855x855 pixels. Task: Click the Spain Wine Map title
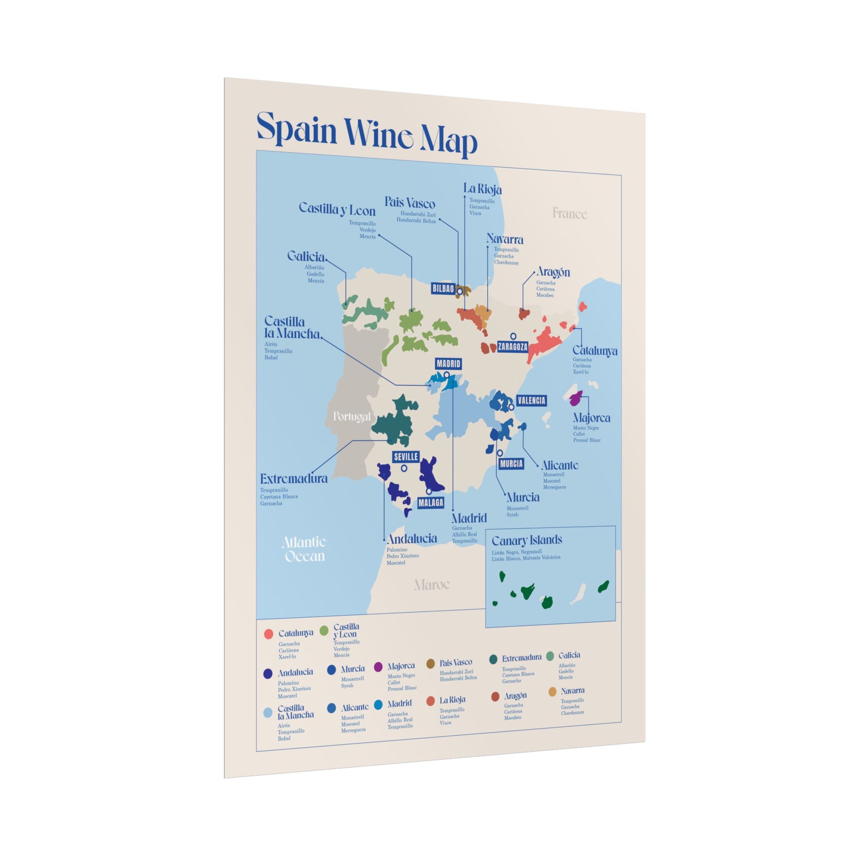[x=366, y=133]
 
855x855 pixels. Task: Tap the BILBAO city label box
[x=443, y=289]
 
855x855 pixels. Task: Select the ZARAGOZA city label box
[x=513, y=347]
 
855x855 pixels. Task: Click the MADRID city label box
[x=448, y=364]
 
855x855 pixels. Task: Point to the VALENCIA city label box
[x=531, y=401]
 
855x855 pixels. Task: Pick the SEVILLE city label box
[x=406, y=457]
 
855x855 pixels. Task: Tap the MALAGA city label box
[x=430, y=503]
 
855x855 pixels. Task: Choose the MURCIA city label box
[x=511, y=464]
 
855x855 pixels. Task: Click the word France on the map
[x=569, y=214]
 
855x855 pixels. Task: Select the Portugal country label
[x=352, y=416]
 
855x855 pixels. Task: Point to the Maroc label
[x=431, y=585]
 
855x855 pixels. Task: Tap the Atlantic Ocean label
[x=304, y=549]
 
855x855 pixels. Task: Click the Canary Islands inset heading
[x=527, y=540]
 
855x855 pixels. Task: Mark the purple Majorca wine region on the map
[x=576, y=399]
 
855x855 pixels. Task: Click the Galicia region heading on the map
[x=306, y=256]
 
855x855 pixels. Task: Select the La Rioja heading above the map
[x=482, y=189]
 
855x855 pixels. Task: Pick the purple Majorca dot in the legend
[x=378, y=667]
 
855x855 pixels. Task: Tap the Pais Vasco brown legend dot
[x=430, y=664]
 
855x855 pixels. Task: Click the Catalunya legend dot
[x=268, y=634]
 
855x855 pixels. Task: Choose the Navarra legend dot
[x=552, y=692]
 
